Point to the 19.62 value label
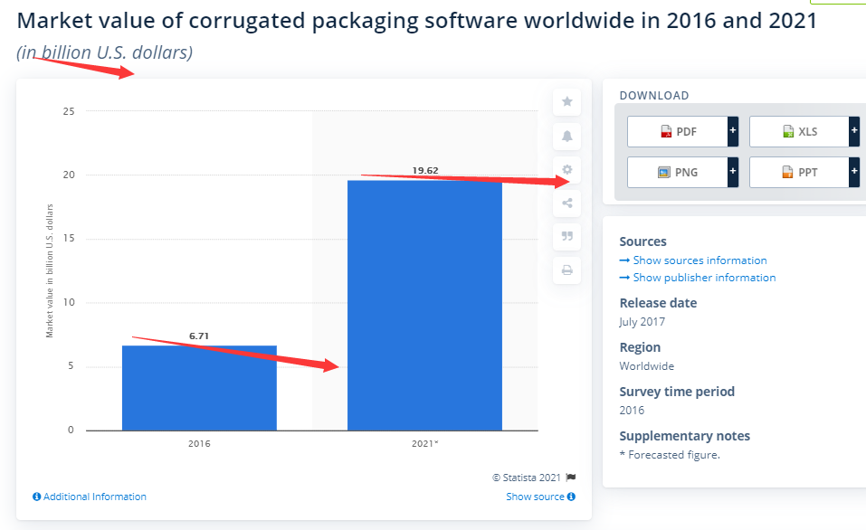pyautogui.click(x=425, y=169)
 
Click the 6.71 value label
pyautogui.click(x=199, y=336)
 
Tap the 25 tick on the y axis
pyautogui.click(x=69, y=111)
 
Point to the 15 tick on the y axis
pyautogui.click(x=69, y=239)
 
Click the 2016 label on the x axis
pyautogui.click(x=199, y=444)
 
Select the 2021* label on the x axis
pyautogui.click(x=424, y=444)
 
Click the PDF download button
pyautogui.click(x=678, y=131)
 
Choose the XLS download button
pyautogui.click(x=800, y=131)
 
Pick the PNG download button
pyautogui.click(x=678, y=171)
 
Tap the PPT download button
pyautogui.click(x=800, y=171)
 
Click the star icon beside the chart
pyautogui.click(x=567, y=102)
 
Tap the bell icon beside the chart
pyautogui.click(x=567, y=136)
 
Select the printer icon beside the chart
pyautogui.click(x=567, y=270)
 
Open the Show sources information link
pyautogui.click(x=693, y=260)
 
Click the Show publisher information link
pyautogui.click(x=698, y=278)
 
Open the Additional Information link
pyautogui.click(x=90, y=497)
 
